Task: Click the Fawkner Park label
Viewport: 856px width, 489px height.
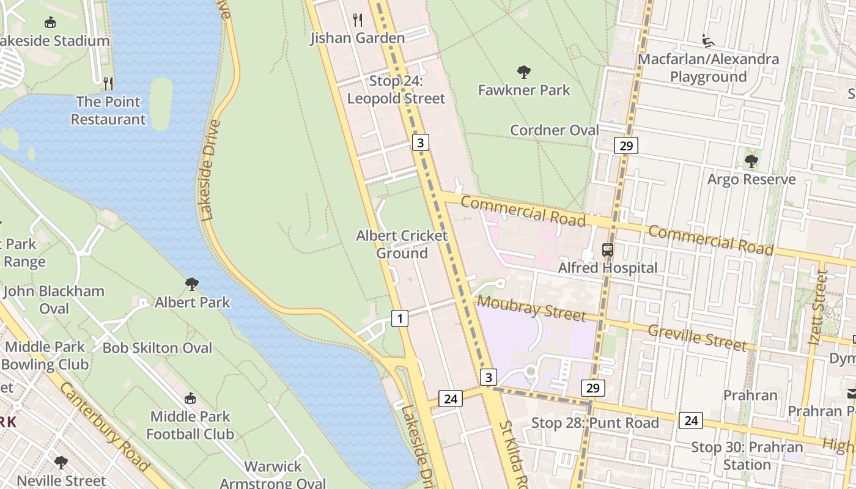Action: pos(523,90)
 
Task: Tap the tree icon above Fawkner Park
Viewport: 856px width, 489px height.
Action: pos(523,72)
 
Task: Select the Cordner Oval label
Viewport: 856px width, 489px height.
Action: pos(554,130)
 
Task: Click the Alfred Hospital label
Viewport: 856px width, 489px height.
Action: pos(607,268)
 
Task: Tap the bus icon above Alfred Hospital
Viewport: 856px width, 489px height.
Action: pos(607,249)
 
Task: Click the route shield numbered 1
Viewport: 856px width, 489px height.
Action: pos(399,318)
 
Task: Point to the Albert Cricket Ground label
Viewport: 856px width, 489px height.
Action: pos(402,244)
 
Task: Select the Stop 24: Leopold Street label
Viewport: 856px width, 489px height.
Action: pos(396,90)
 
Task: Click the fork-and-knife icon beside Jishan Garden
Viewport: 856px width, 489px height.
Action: pos(358,20)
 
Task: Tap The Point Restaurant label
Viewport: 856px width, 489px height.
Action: pos(108,111)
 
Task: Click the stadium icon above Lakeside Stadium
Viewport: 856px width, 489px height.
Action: pos(50,23)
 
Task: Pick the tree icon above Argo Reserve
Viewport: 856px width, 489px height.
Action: pos(751,161)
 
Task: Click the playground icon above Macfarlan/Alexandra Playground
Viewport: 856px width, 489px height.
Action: pos(708,41)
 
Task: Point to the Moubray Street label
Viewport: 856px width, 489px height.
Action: pos(530,307)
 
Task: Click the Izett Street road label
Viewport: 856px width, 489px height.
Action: pos(817,307)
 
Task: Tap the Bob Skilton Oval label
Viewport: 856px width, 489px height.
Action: pos(157,348)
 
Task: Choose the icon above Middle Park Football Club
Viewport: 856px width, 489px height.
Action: pos(190,398)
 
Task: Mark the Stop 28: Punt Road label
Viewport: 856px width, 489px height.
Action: pos(595,423)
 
